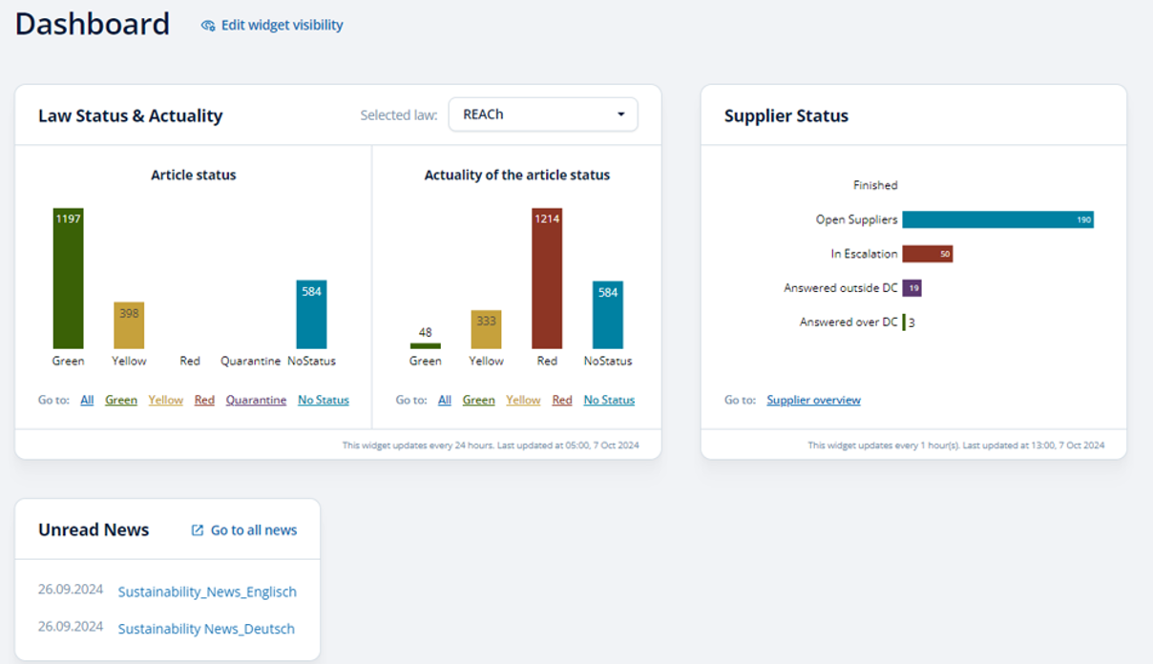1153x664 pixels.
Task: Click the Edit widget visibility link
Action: click(272, 26)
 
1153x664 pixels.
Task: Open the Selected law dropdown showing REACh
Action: click(542, 114)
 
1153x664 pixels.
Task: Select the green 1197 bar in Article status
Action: click(68, 279)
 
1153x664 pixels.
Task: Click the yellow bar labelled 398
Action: click(129, 325)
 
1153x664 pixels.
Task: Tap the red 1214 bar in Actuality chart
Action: click(547, 279)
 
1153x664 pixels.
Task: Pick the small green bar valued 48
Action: click(425, 345)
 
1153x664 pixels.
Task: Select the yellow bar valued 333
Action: click(486, 329)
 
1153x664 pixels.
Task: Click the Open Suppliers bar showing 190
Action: click(997, 219)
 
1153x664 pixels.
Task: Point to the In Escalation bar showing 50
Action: click(927, 254)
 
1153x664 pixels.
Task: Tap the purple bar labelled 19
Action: click(912, 288)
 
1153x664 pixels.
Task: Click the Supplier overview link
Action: click(813, 400)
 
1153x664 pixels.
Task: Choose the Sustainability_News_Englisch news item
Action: click(207, 591)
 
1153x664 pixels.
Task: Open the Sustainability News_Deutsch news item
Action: click(206, 629)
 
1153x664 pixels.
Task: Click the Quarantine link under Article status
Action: click(256, 400)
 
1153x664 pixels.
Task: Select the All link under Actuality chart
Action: click(445, 400)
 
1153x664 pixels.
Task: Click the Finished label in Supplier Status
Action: click(875, 185)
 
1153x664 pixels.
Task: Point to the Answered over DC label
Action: click(849, 322)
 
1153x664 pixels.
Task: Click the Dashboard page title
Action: click(93, 24)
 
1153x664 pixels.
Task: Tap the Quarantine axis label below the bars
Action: click(250, 362)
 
